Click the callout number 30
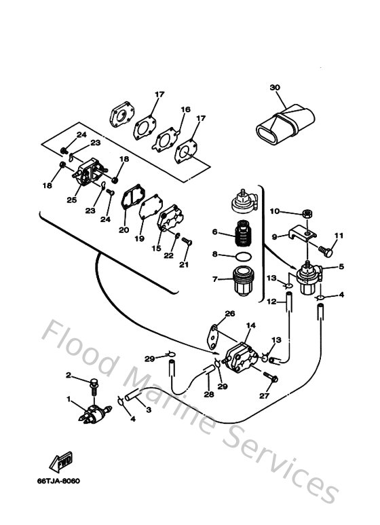click(274, 88)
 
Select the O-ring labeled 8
click(242, 256)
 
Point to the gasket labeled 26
click(215, 334)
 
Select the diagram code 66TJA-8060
click(60, 482)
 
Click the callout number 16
click(185, 109)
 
